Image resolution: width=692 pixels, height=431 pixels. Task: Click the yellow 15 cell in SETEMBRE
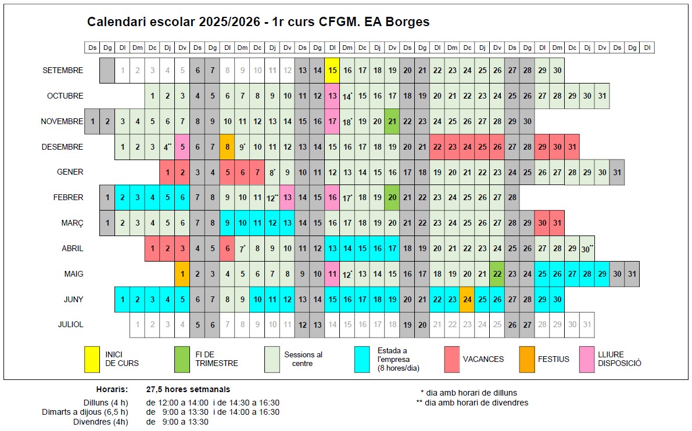click(x=332, y=70)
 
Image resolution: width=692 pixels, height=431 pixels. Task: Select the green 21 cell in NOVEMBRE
click(x=392, y=121)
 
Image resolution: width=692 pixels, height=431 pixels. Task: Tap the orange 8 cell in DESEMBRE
click(x=227, y=147)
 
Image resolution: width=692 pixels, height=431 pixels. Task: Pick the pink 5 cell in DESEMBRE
click(x=182, y=147)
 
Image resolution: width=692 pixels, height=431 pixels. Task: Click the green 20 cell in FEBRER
click(x=392, y=197)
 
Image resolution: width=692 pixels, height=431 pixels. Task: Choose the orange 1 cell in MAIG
click(x=182, y=274)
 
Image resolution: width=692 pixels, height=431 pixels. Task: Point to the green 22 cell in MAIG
click(x=497, y=274)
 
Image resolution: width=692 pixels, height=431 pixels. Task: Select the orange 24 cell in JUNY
click(x=467, y=299)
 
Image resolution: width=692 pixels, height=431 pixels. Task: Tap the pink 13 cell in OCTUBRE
click(x=332, y=96)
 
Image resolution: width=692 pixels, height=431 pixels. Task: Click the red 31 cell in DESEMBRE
click(x=572, y=147)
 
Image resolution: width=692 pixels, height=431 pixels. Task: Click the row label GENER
click(x=70, y=172)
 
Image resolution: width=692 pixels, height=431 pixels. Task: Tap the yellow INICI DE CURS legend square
click(x=92, y=358)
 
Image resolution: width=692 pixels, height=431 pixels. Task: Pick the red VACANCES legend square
click(x=452, y=358)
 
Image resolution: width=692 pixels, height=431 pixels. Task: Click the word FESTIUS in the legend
click(x=554, y=359)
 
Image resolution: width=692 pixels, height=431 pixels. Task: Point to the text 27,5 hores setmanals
click(x=188, y=389)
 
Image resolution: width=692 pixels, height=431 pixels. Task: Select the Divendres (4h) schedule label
click(x=106, y=422)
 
